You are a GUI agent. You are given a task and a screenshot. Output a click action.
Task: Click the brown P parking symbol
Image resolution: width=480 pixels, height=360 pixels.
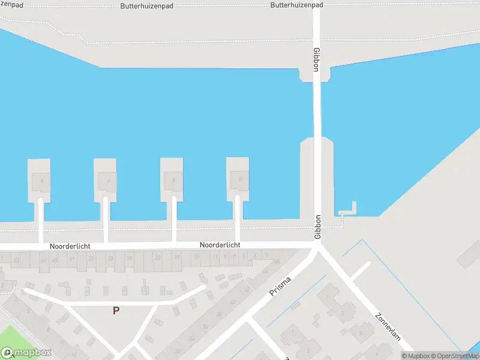point(116,310)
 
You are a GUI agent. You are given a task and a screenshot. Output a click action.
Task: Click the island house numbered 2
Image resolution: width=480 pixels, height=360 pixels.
point(240,179)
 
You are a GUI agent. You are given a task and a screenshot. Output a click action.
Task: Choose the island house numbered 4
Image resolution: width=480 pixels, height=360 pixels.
point(173,179)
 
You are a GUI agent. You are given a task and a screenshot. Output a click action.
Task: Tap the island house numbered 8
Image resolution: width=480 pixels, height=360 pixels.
point(41,180)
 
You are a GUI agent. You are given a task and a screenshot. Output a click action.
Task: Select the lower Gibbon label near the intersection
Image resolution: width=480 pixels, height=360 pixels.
point(318,227)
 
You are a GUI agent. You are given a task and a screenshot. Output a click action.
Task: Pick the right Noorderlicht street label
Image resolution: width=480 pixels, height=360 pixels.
point(220,245)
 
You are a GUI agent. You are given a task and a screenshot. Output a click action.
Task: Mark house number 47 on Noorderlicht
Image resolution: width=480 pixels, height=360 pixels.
point(44,260)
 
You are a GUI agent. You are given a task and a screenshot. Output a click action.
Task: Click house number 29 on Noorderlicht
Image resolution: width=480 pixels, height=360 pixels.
point(130,258)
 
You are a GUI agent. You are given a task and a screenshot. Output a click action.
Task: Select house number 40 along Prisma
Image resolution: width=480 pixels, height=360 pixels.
point(233,302)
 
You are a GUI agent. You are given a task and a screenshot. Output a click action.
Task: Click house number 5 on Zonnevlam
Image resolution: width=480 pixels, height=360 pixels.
point(360,332)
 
